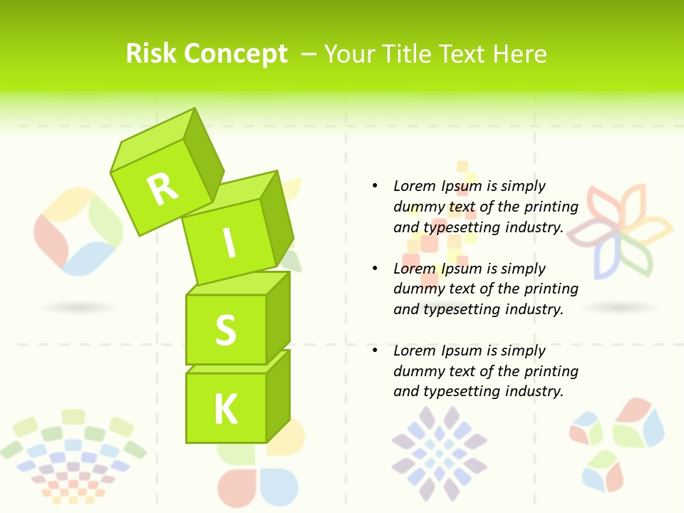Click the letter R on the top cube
click(x=162, y=189)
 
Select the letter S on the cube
click(x=225, y=331)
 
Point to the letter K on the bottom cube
click(x=226, y=409)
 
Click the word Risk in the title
click(x=151, y=53)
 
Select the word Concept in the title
click(x=236, y=54)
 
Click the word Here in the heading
click(x=522, y=53)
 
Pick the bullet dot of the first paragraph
click(x=375, y=186)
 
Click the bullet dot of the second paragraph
click(x=375, y=269)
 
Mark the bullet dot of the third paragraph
click(x=375, y=351)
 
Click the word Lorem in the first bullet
click(x=415, y=186)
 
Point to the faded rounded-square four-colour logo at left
click(x=78, y=232)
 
